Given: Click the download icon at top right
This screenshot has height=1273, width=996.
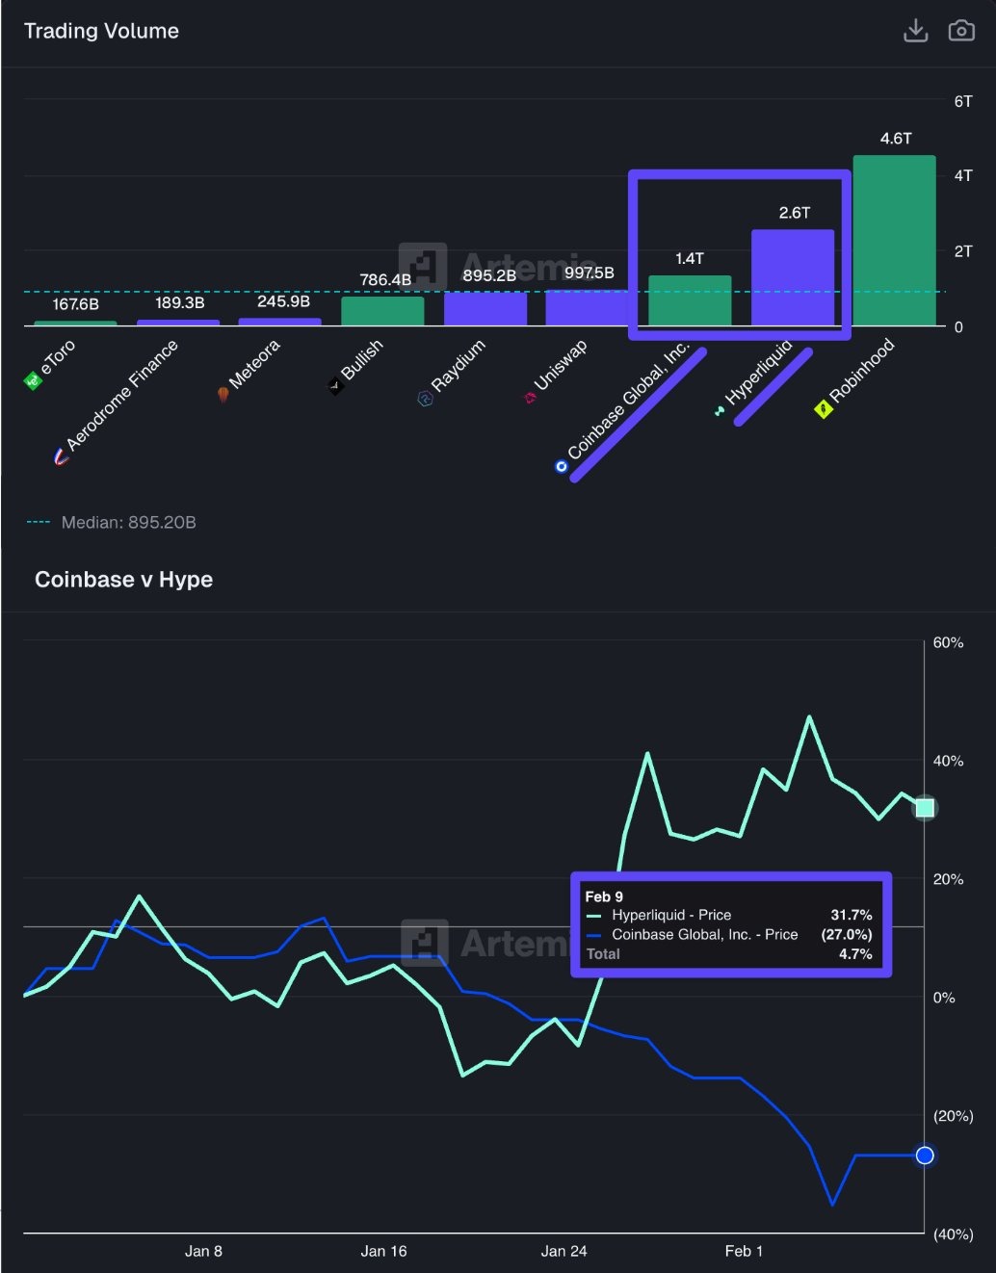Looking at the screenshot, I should coord(915,31).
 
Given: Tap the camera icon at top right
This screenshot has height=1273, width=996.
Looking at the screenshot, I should coord(961,31).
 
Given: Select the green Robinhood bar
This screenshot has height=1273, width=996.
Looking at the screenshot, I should coord(894,241).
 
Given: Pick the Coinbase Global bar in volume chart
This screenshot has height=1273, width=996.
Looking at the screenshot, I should coord(690,300).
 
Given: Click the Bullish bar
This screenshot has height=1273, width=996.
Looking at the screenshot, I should coord(382,311).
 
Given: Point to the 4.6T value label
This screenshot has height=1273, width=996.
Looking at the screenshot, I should coord(896,139).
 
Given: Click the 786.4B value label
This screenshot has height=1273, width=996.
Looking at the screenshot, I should coord(385,279).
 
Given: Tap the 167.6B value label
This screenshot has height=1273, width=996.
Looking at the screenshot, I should coord(75,304).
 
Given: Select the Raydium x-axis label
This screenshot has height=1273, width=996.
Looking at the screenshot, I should coord(457,367).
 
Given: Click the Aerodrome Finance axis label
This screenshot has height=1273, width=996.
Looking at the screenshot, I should coord(120,396).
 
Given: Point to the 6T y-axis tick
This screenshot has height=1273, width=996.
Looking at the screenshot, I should coord(963,101).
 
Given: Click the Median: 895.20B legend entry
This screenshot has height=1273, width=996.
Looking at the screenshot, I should coord(128,522).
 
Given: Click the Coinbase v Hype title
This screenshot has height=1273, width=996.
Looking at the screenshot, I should coord(123,580).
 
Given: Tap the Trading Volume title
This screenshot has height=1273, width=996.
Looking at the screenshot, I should coord(101,31).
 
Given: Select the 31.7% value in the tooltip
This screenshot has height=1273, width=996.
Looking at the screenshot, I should coord(851,915).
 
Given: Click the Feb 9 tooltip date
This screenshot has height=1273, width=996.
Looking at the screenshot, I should coord(604,896).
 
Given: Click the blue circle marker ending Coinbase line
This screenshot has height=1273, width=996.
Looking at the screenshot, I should coord(925,1156).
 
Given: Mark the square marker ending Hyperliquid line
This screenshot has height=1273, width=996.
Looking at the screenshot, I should coord(925,808).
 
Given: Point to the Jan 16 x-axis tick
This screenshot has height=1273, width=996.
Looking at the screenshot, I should coord(383,1251).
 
